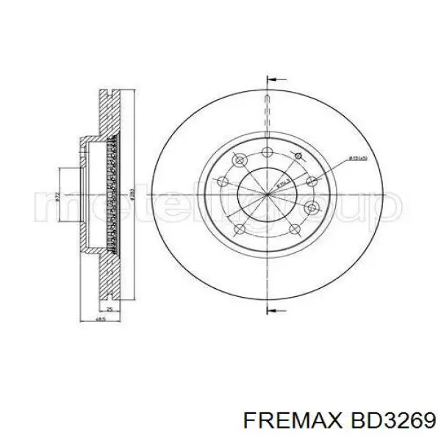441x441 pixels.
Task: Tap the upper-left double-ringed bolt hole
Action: pos(237,159)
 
